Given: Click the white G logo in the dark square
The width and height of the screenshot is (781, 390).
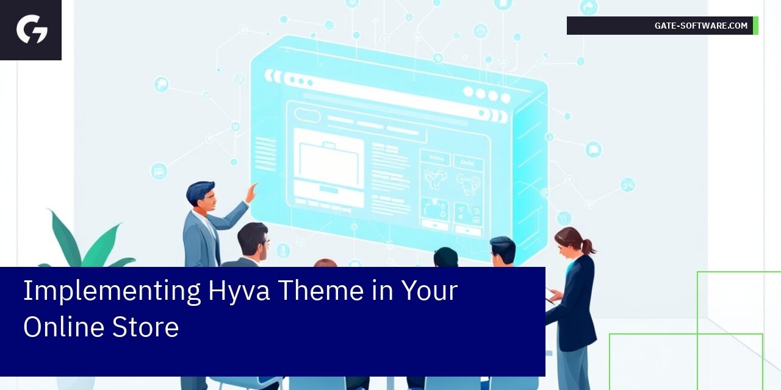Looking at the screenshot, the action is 32,29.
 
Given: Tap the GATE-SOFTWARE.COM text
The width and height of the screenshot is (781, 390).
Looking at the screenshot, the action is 701,26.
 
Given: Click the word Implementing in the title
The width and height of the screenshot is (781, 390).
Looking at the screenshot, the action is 112,291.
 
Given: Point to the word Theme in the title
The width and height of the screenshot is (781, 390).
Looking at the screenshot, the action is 321,290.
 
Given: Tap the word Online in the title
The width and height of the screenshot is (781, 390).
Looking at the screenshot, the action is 64,326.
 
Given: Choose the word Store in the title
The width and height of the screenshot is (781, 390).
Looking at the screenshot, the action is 145,327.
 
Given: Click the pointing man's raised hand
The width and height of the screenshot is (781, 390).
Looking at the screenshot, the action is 251,193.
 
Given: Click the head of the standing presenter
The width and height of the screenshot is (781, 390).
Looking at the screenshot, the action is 201,196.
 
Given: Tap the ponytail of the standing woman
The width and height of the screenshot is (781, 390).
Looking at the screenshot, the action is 589,246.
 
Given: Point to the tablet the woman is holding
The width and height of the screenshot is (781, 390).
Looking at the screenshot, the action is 550,296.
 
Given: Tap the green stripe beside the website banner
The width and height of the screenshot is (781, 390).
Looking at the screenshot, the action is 755,26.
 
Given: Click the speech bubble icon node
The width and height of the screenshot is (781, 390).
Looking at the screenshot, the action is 593,150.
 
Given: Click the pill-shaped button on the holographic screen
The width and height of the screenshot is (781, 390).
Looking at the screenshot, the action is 307,115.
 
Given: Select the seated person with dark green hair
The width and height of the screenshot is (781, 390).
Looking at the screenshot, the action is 445,257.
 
